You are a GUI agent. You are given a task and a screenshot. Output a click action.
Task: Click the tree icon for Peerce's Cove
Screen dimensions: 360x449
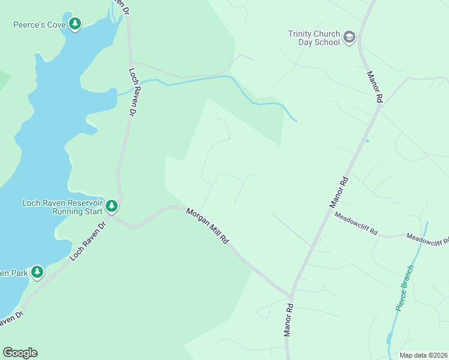click(x=75, y=24)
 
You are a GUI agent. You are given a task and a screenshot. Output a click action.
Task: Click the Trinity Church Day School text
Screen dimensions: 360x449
click(x=314, y=38)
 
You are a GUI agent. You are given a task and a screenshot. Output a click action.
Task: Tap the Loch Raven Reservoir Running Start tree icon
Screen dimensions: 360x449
click(x=112, y=206)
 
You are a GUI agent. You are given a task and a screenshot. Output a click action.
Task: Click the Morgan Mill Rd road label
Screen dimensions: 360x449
click(x=208, y=226)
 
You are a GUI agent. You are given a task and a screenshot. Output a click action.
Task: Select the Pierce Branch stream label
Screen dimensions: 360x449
click(x=405, y=287)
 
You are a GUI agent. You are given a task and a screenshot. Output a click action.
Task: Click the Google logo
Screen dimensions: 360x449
click(x=20, y=353)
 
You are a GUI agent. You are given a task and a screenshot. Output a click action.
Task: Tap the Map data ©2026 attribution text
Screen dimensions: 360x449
click(x=423, y=355)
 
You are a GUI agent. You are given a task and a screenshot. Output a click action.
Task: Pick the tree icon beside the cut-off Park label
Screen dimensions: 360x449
click(x=37, y=272)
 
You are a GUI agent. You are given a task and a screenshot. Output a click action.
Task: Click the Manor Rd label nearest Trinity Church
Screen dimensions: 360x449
click(x=375, y=88)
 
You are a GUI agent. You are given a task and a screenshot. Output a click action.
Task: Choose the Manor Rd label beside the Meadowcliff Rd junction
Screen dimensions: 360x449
click(x=339, y=192)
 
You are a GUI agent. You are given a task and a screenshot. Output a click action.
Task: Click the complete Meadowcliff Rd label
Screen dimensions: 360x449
click(x=356, y=224)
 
